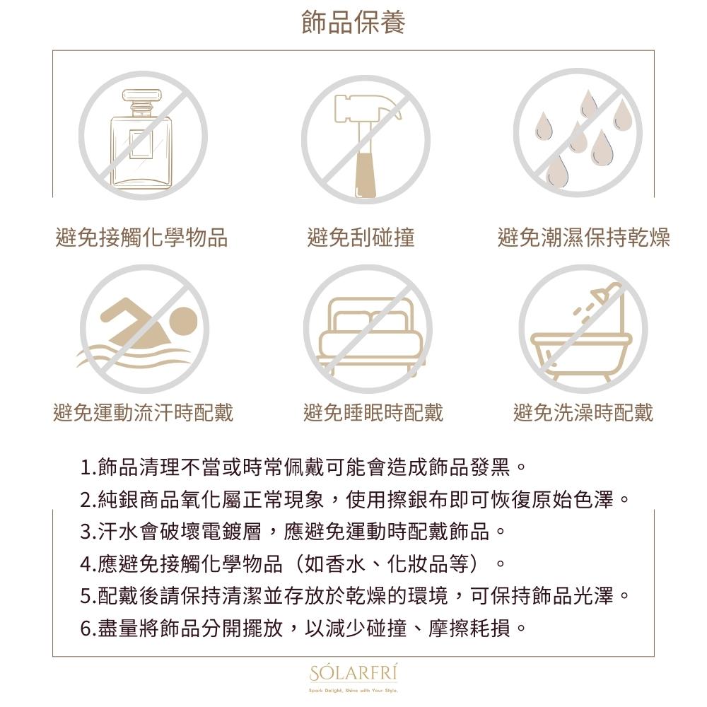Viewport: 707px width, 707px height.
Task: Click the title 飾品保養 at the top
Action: point(353,22)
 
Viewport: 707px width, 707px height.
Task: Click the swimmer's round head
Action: point(184,322)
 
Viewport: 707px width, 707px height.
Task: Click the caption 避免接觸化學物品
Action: point(141,238)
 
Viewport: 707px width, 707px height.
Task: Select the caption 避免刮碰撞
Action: point(361,238)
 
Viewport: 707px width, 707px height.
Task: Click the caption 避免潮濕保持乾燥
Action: point(583,238)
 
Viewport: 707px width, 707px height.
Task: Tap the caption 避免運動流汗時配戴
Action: point(143,412)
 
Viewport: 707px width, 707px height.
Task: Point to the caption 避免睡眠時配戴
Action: point(373,412)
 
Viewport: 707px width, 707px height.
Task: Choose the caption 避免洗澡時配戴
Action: point(583,412)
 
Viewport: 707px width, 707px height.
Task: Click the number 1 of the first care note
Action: point(86,467)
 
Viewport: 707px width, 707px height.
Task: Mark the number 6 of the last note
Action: point(86,628)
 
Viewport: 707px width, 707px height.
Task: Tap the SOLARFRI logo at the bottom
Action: point(353,673)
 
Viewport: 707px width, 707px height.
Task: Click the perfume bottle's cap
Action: point(141,95)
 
